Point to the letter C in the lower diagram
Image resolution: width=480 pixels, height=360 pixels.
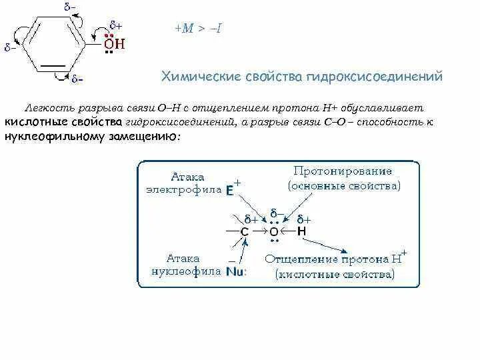tap(245, 231)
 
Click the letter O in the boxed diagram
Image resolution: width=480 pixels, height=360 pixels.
tap(273, 231)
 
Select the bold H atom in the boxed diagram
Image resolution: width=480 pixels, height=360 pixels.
tap(301, 231)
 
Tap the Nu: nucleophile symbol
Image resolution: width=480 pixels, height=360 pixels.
tap(235, 271)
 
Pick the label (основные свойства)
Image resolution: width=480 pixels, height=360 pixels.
tap(344, 186)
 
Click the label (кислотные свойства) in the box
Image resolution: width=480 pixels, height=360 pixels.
tap(335, 273)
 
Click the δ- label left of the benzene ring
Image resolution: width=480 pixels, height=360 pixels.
tap(11, 48)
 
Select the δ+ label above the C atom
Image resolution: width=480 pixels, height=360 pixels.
tap(251, 219)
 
